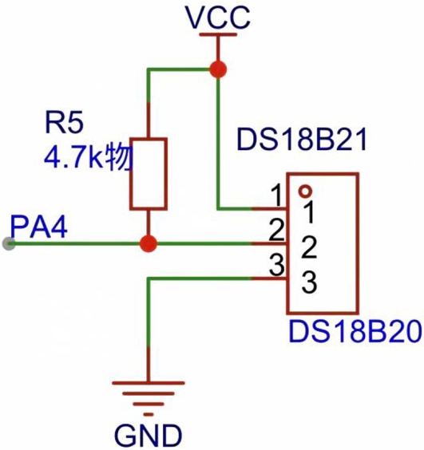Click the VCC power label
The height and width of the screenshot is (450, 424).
(x=218, y=18)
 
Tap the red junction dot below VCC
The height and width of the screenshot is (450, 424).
(x=218, y=69)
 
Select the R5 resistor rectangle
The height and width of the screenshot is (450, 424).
(x=149, y=174)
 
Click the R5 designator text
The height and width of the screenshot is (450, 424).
(x=65, y=123)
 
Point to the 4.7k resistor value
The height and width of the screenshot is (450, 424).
(x=75, y=158)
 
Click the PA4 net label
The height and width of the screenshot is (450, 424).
(x=39, y=227)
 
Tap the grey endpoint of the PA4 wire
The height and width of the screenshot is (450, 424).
(x=9, y=244)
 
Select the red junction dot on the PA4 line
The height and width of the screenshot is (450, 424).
(x=149, y=243)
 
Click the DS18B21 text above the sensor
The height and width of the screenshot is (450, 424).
(x=302, y=140)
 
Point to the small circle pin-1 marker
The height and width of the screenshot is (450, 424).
(x=305, y=191)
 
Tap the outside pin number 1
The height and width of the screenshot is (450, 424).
(x=276, y=195)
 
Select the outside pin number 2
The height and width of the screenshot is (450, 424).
(x=276, y=230)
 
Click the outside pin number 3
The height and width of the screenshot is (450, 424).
(x=276, y=265)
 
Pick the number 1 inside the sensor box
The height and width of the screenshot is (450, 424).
(x=309, y=212)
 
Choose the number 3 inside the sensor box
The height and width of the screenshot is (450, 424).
(x=309, y=282)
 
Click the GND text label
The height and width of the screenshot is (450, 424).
(x=149, y=435)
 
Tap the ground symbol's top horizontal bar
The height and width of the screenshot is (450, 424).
(x=149, y=382)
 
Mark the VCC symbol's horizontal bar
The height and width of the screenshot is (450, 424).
(x=218, y=35)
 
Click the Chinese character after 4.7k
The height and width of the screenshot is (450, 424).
(x=119, y=158)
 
